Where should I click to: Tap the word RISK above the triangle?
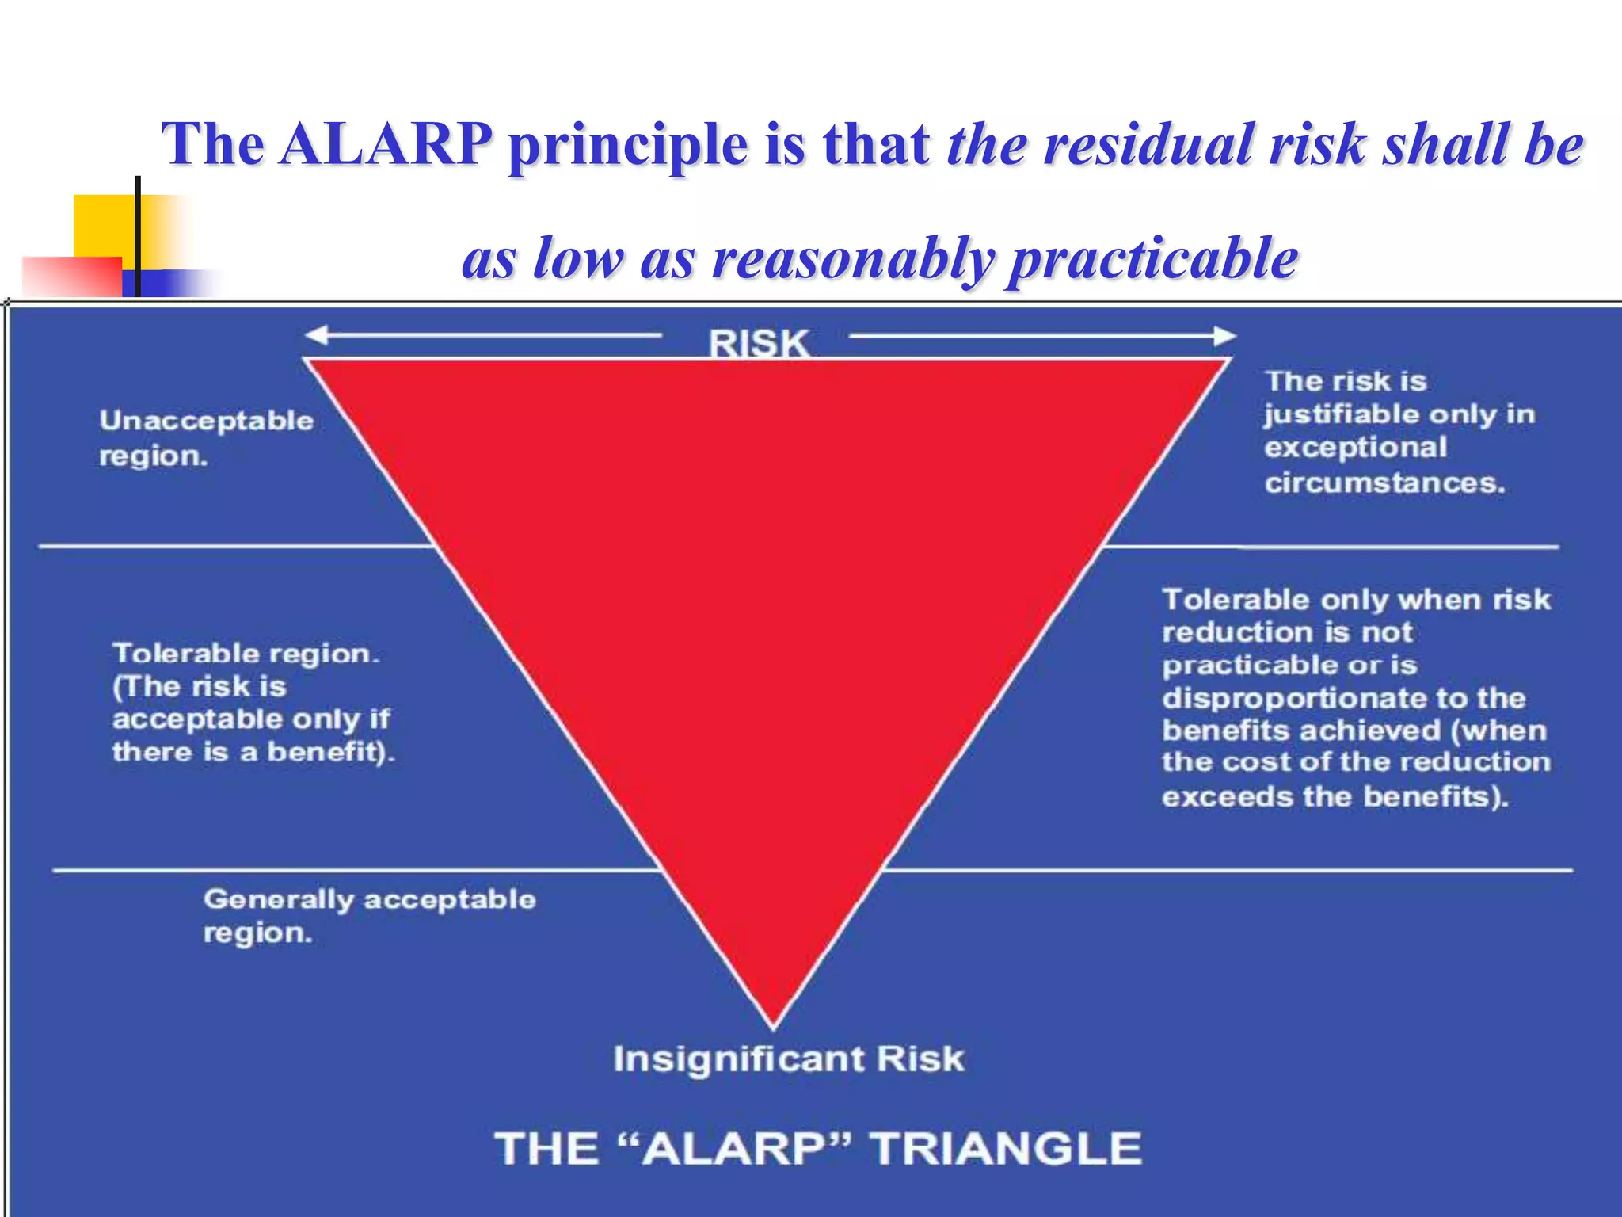click(x=758, y=344)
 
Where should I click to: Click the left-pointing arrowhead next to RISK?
click(x=316, y=336)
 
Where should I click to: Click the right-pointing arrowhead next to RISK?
click(x=1224, y=336)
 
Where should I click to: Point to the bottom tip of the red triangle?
click(x=774, y=1025)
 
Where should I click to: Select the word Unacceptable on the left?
click(x=206, y=421)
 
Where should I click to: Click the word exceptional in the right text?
click(x=1355, y=448)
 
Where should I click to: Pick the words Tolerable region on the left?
click(x=246, y=654)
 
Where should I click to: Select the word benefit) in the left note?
click(x=330, y=752)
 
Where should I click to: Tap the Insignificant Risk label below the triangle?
click(x=789, y=1059)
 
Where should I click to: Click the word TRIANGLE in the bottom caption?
click(x=1006, y=1149)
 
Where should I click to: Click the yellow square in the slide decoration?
click(x=103, y=225)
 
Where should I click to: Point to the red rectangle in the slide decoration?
click(x=71, y=277)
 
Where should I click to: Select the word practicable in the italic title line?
click(x=1152, y=258)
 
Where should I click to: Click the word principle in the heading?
click(x=628, y=144)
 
